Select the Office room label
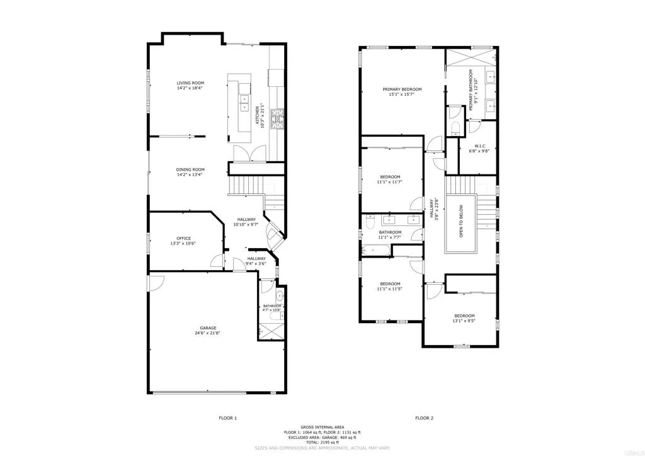coord(184,238)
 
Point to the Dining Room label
coord(190,169)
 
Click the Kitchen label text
coord(257,115)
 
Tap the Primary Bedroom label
coord(402,89)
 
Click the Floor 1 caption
coord(227,418)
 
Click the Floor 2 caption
coord(424,418)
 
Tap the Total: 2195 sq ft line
coord(322,443)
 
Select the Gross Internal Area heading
coord(322,427)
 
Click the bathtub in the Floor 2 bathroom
coord(375,251)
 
